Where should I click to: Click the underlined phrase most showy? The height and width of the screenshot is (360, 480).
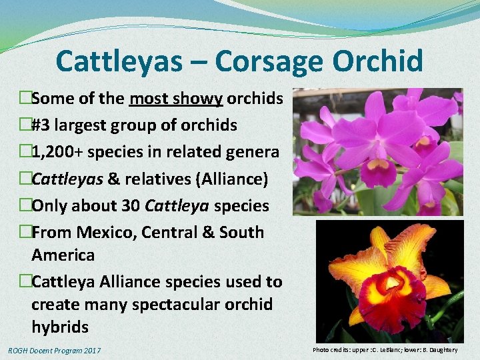coord(176,99)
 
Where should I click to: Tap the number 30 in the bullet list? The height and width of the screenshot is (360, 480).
coord(129,205)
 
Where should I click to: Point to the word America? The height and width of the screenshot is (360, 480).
coord(63,255)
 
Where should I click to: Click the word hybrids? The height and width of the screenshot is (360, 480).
coord(60,327)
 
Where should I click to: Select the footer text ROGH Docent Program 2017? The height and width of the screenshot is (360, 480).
coord(54,350)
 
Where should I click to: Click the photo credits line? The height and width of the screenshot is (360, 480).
coord(385,350)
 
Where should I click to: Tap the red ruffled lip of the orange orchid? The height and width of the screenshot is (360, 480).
coord(393,299)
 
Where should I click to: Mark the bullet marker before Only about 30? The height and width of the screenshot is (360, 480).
coord(25,205)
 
